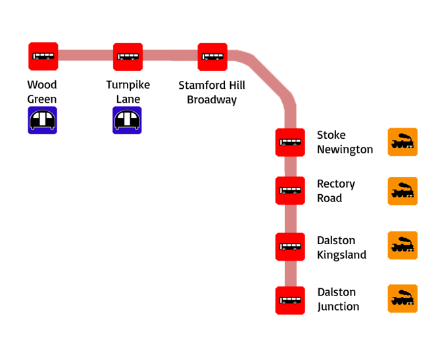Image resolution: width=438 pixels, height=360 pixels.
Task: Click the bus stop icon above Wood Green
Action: (x=43, y=57)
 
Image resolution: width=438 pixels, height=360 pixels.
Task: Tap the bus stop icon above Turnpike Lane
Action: (x=128, y=57)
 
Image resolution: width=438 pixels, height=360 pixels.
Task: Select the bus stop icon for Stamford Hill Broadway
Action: (x=212, y=57)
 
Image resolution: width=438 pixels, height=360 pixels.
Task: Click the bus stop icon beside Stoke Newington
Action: (x=290, y=141)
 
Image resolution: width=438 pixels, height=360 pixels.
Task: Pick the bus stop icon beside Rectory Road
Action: (x=290, y=190)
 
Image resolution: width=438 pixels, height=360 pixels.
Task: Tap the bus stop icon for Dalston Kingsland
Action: (x=290, y=247)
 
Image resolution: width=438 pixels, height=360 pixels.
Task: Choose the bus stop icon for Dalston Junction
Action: (x=290, y=300)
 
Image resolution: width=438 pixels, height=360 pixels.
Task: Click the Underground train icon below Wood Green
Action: (x=43, y=120)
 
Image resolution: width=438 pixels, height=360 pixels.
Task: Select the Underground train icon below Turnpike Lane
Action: (x=128, y=120)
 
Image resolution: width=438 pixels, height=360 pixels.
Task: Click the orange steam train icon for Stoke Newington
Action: (x=402, y=141)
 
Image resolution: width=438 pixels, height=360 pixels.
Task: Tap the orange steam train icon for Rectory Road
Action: (x=402, y=192)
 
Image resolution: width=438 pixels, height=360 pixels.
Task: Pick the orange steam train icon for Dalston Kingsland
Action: (x=402, y=245)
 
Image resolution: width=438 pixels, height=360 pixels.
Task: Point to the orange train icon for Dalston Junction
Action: (x=402, y=299)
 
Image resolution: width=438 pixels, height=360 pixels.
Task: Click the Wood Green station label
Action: (x=42, y=92)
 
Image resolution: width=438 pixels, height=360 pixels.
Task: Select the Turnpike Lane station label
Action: (x=128, y=92)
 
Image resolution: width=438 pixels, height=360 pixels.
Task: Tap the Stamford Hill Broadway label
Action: (x=212, y=92)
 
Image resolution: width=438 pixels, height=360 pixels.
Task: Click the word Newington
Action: (x=345, y=149)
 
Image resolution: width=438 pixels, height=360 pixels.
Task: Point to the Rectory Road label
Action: (x=335, y=190)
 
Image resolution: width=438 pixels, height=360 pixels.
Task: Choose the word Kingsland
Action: (x=341, y=255)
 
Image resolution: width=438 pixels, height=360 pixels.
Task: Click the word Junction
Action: (x=338, y=307)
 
